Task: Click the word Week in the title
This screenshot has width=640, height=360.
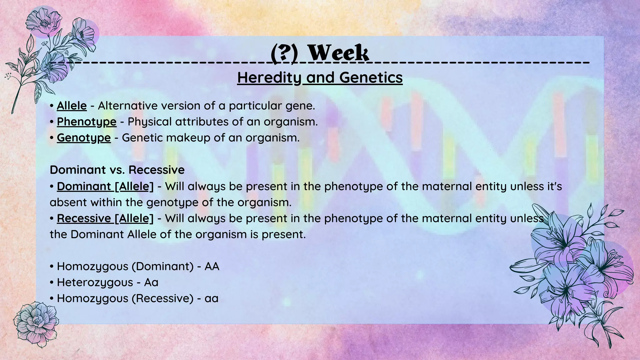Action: (338, 53)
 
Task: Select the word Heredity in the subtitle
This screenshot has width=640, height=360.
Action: (269, 77)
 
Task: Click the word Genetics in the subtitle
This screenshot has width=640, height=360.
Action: (371, 77)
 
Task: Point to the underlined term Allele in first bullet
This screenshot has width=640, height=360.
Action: (72, 106)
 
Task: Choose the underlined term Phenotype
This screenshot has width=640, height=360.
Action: (87, 122)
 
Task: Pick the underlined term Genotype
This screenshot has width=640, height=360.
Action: (84, 138)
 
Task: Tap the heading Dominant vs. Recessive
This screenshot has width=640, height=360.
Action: (117, 170)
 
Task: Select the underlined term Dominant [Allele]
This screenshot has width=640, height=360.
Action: (105, 186)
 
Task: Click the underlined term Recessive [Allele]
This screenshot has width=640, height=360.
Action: (105, 218)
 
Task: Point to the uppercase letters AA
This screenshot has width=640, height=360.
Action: (212, 267)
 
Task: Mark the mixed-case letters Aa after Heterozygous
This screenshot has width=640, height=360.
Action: (151, 282)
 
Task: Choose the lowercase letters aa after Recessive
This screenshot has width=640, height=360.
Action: (212, 299)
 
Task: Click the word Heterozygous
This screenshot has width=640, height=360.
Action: (95, 282)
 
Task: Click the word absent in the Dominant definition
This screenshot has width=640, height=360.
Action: (68, 202)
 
